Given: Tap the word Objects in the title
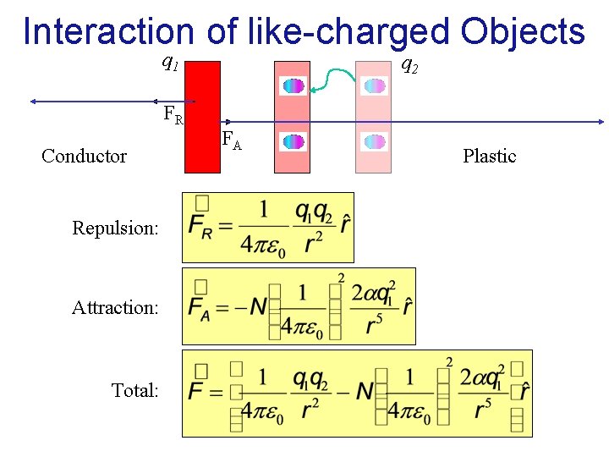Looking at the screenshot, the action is coord(522,31).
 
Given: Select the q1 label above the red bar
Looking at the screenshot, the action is coord(169,61).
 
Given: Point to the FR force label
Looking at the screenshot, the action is coord(173,115).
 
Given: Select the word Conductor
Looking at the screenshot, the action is coord(84,156).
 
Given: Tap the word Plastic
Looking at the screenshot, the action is coord(489,156).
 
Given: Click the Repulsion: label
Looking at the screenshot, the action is coord(115,228).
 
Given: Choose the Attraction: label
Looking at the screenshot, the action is coord(115,307).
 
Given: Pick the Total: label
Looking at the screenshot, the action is coord(134,390).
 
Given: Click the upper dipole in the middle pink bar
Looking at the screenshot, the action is coord(294,85).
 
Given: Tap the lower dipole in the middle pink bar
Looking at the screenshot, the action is coord(294,142).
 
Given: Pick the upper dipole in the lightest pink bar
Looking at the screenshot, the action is coord(374,85).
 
